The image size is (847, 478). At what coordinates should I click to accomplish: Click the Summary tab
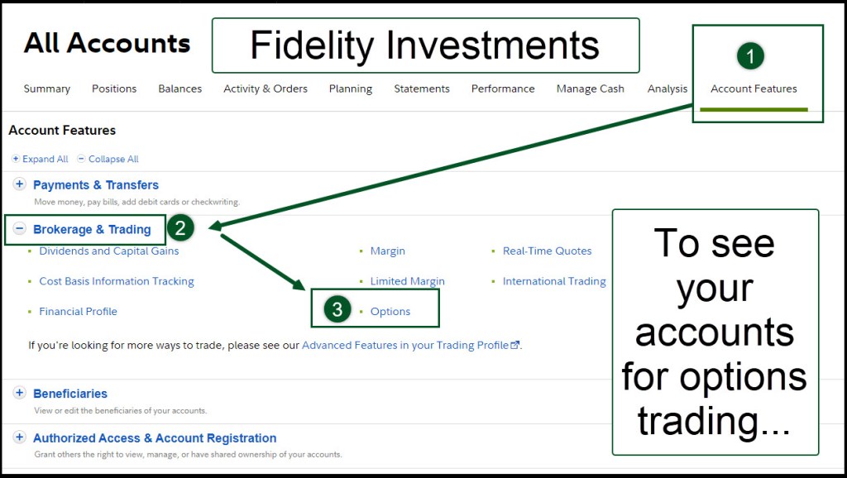pyautogui.click(x=47, y=88)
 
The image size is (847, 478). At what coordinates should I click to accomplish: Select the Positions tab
pyautogui.click(x=114, y=88)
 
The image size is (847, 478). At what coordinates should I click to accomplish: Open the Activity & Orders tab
pyautogui.click(x=266, y=88)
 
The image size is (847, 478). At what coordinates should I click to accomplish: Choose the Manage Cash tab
pyautogui.click(x=591, y=88)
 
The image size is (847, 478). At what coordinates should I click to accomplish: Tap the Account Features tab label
pyautogui.click(x=754, y=88)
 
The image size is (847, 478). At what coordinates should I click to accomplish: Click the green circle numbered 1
pyautogui.click(x=750, y=55)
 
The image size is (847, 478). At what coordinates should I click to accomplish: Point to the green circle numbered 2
pyautogui.click(x=180, y=228)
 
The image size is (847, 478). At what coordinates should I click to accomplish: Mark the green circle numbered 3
pyautogui.click(x=337, y=309)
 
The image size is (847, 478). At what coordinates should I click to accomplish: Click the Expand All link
pyautogui.click(x=41, y=159)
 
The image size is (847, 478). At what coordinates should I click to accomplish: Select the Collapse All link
pyautogui.click(x=108, y=159)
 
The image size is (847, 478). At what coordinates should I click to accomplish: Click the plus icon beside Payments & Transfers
pyautogui.click(x=20, y=184)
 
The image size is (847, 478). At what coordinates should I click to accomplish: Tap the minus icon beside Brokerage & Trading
pyautogui.click(x=20, y=228)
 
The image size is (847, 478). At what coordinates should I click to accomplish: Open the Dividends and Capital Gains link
pyautogui.click(x=108, y=251)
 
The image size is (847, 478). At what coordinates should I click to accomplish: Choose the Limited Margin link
pyautogui.click(x=407, y=281)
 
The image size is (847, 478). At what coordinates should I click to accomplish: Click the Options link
pyautogui.click(x=390, y=311)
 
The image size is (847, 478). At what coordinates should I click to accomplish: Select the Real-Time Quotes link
pyautogui.click(x=547, y=251)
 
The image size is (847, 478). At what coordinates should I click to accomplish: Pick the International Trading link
pyautogui.click(x=554, y=281)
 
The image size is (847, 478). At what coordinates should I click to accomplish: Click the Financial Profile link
pyautogui.click(x=78, y=311)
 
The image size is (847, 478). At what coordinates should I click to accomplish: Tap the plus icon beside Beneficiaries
pyautogui.click(x=20, y=393)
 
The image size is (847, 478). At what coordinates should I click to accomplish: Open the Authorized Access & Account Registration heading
pyautogui.click(x=155, y=438)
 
